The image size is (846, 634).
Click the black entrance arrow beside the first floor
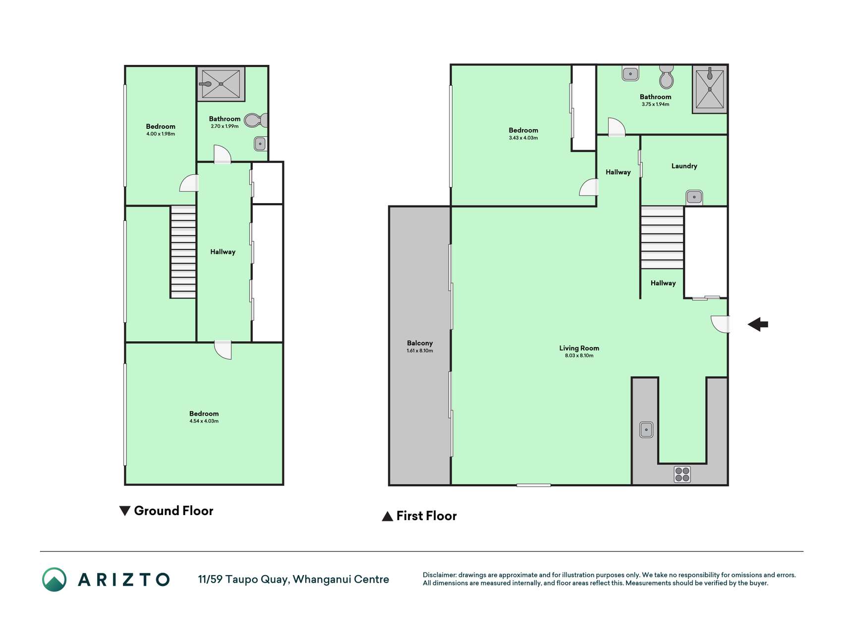click(758, 324)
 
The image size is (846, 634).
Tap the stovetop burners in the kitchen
click(682, 474)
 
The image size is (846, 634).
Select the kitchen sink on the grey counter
click(646, 429)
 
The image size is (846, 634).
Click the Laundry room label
click(684, 166)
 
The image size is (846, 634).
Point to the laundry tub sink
click(694, 197)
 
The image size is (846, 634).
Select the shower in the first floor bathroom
click(710, 89)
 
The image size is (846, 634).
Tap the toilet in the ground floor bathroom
click(256, 120)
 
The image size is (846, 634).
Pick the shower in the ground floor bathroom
click(221, 84)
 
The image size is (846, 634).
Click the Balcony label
click(420, 343)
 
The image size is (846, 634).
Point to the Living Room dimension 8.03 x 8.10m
click(579, 355)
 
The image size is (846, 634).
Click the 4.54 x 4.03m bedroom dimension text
click(204, 421)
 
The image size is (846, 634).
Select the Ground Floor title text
click(173, 511)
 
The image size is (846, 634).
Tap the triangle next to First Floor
click(388, 517)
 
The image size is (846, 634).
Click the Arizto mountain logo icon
click(54, 580)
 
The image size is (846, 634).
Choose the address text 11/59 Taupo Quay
click(243, 580)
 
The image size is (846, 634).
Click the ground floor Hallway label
click(223, 252)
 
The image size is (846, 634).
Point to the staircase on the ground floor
click(183, 252)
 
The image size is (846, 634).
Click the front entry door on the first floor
click(720, 324)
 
